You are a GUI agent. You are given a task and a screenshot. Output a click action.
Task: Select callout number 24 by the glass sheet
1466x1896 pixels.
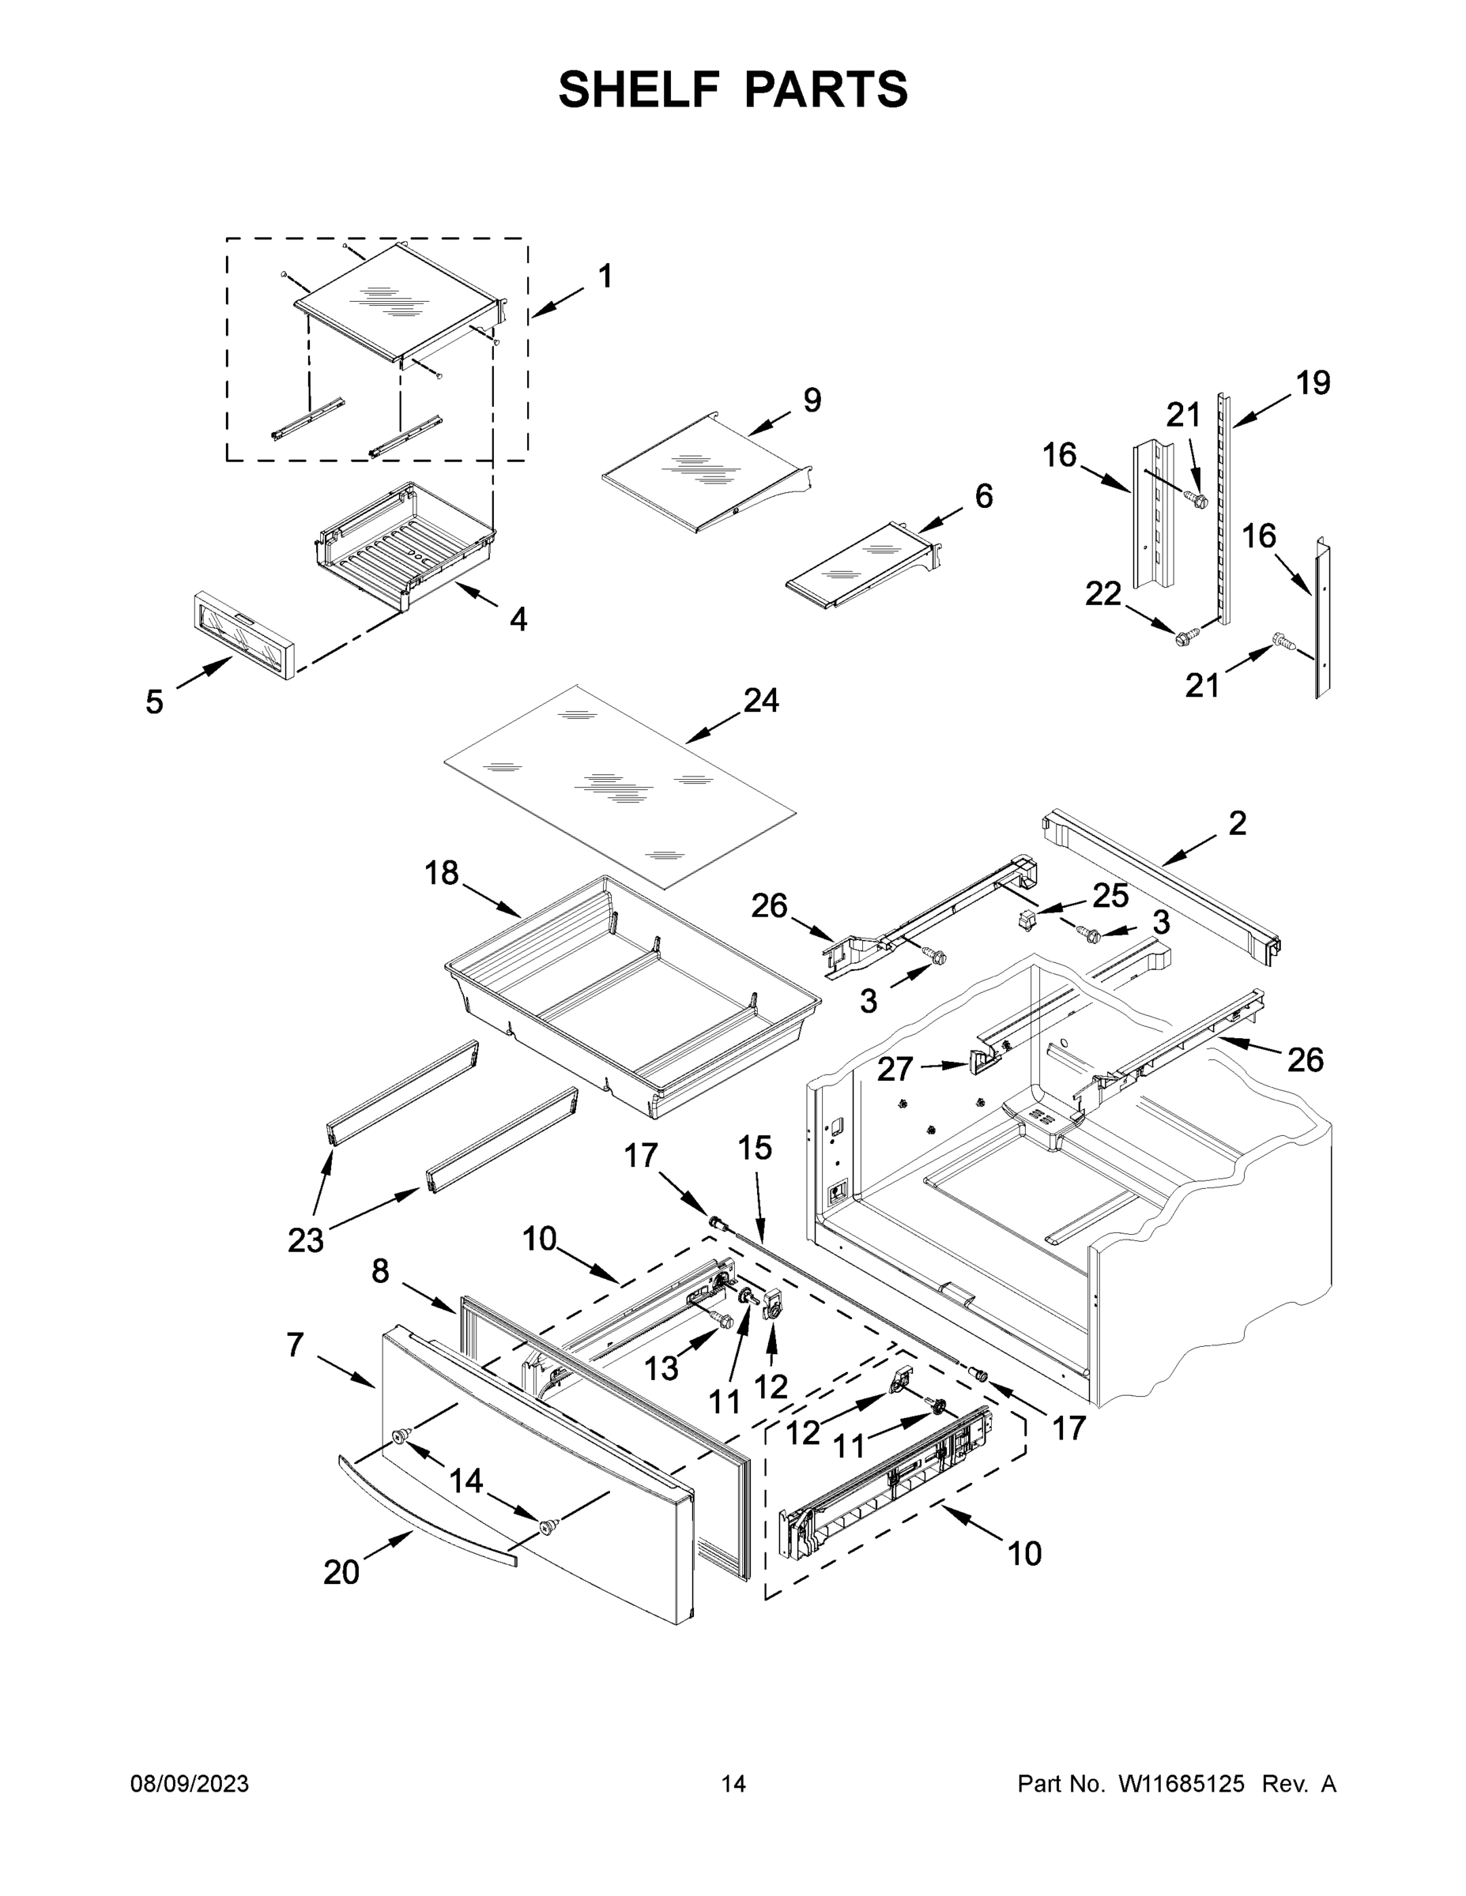[761, 700]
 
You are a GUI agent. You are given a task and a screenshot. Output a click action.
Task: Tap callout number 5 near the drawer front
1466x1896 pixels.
[154, 702]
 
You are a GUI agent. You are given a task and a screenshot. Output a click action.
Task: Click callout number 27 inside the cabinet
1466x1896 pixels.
[895, 1069]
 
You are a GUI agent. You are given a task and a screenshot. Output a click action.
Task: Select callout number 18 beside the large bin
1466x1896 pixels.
[441, 872]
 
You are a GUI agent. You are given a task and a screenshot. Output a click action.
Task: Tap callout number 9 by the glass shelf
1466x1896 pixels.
[811, 401]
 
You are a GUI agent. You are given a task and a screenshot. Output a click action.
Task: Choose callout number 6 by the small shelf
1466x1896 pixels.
[983, 495]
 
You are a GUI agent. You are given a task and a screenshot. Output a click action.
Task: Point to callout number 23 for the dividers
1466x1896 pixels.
[306, 1240]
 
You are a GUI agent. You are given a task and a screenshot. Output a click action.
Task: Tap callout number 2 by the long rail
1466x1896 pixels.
[1237, 823]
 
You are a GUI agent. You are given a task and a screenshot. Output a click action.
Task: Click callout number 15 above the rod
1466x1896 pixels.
[755, 1148]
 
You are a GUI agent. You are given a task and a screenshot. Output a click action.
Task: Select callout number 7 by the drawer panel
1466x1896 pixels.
[296, 1345]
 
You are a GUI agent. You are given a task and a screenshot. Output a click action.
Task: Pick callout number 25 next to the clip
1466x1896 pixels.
[1110, 895]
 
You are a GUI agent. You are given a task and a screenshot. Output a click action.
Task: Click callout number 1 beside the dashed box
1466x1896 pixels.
[605, 276]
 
